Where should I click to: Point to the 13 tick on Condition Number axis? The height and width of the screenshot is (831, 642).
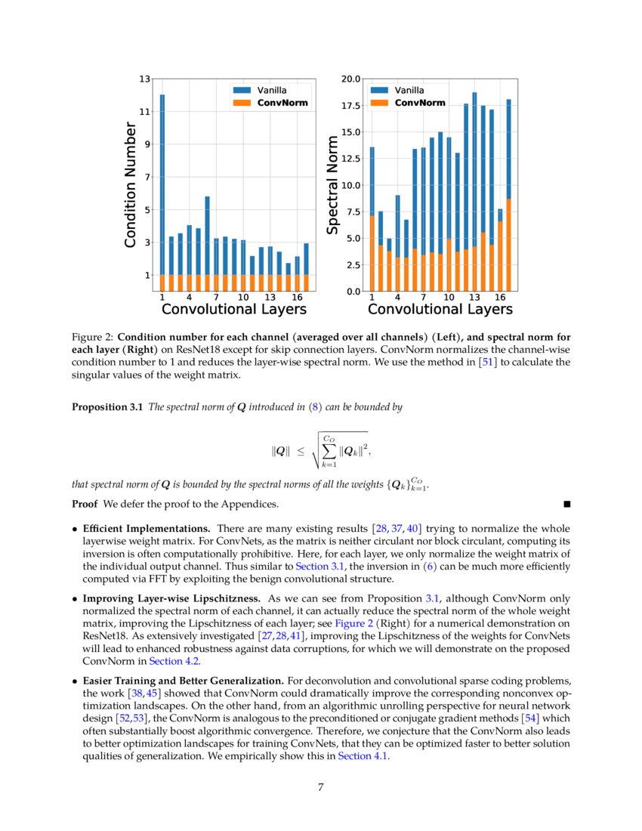click(145, 79)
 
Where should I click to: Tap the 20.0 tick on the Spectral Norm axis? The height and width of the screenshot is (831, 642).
click(351, 79)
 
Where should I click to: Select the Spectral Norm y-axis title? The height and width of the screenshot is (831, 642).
click(332, 184)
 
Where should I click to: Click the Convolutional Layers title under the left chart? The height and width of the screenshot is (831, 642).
click(234, 309)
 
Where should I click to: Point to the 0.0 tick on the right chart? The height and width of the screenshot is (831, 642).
click(353, 291)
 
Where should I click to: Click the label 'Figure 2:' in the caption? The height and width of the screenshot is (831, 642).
click(92, 337)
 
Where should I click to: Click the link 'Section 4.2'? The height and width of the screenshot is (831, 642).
click(172, 661)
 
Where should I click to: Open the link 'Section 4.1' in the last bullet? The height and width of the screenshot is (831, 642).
click(363, 758)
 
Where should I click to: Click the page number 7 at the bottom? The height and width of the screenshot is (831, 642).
click(321, 787)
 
